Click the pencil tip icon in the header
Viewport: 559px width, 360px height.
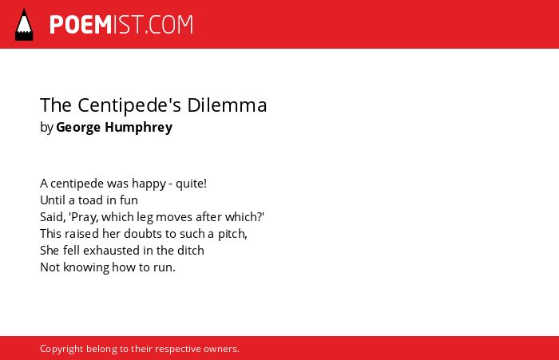pyautogui.click(x=24, y=24)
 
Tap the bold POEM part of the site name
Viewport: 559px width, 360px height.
pyautogui.click(x=81, y=25)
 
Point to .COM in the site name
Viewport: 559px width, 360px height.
pyautogui.click(x=168, y=25)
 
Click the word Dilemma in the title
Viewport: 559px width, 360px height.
pyautogui.click(x=227, y=105)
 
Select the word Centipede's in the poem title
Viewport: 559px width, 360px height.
pyautogui.click(x=129, y=105)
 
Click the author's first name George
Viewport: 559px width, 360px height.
pyautogui.click(x=78, y=128)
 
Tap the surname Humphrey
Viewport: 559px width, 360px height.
pyautogui.click(x=139, y=128)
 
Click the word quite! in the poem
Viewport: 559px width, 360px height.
pyautogui.click(x=191, y=184)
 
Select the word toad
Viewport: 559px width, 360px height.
pyautogui.click(x=91, y=200)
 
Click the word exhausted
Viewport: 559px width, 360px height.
pyautogui.click(x=111, y=250)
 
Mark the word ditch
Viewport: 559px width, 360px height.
pyautogui.click(x=191, y=250)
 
